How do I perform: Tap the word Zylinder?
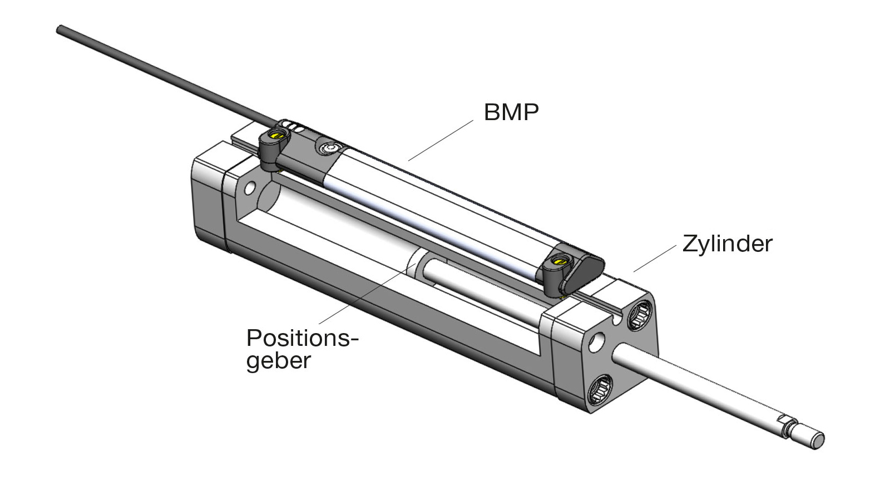[x=727, y=244]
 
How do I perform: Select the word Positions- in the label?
[x=303, y=338]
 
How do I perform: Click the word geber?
[x=279, y=361]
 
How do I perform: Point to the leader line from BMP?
[x=441, y=140]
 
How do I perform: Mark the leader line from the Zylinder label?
[x=655, y=258]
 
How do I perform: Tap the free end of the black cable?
[x=60, y=29]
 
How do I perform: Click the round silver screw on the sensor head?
[x=329, y=148]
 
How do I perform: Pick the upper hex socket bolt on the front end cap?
[x=640, y=315]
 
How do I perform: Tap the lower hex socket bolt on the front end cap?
[x=600, y=389]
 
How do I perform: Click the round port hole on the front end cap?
[x=596, y=343]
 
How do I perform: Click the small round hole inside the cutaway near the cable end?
[x=250, y=188]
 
